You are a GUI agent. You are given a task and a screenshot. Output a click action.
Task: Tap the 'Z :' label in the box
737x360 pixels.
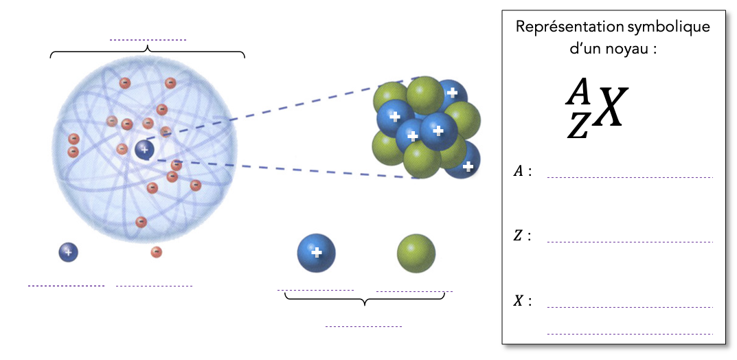point(523,236)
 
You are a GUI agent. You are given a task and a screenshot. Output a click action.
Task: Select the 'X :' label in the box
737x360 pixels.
point(523,301)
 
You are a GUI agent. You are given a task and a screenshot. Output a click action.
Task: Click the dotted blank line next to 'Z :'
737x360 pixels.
point(630,242)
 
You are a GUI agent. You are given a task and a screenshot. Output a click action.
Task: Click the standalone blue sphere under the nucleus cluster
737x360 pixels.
point(316,253)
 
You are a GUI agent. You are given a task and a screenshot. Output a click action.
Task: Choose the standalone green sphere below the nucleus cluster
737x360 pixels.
point(416,253)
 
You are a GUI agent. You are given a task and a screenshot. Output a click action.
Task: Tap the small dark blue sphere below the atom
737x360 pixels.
point(68,252)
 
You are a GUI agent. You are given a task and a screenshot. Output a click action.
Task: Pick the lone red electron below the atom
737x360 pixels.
point(157,252)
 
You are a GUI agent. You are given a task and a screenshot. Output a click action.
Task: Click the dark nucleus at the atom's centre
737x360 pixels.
point(144,150)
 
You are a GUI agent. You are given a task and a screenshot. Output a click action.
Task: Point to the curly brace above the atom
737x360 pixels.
point(148,52)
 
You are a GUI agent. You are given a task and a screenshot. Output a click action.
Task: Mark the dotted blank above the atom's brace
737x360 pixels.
point(148,41)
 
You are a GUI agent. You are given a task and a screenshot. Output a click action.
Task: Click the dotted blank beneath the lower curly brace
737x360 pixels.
point(363,326)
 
